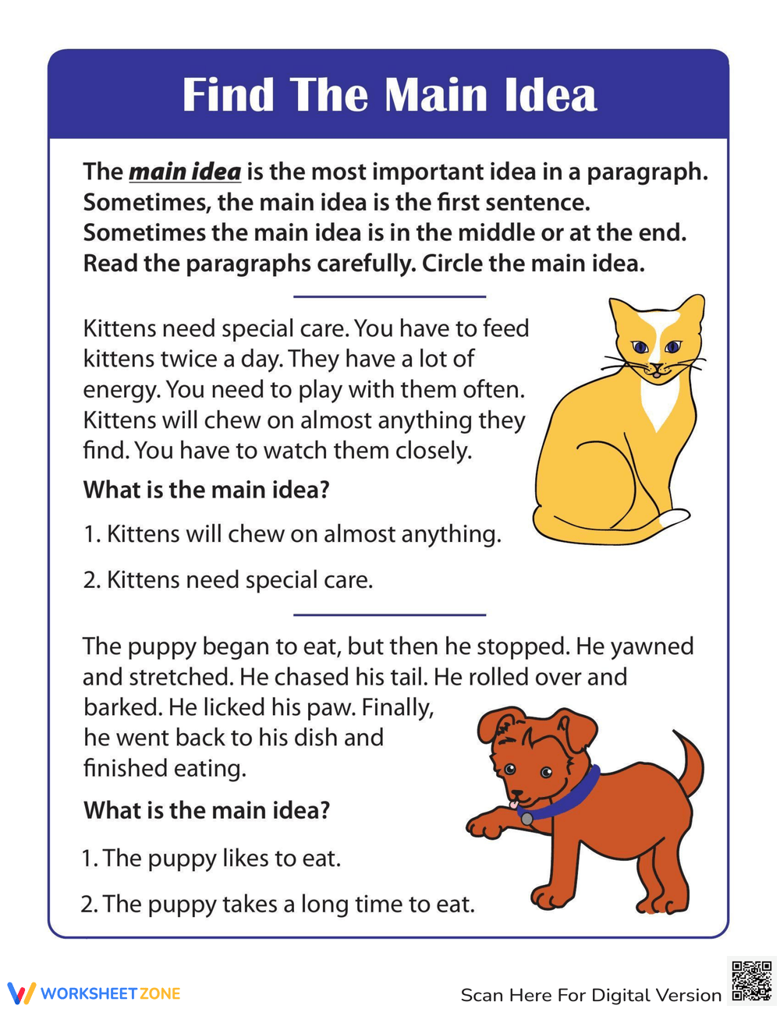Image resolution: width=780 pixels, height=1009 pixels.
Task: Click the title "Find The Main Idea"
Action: click(x=389, y=95)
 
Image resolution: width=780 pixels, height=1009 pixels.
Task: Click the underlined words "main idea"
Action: click(x=185, y=172)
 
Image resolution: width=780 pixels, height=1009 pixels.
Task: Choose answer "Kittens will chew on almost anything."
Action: click(x=303, y=534)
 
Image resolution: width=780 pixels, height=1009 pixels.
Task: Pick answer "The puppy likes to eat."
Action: click(x=222, y=859)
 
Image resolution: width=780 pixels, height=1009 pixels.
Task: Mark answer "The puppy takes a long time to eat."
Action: click(x=288, y=905)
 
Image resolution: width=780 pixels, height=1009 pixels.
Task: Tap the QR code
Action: click(x=750, y=980)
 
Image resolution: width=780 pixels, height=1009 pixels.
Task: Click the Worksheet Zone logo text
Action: click(x=110, y=993)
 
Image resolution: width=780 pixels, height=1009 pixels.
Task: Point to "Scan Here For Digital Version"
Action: click(x=590, y=995)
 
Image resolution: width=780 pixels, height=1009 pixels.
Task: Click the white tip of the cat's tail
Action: click(x=674, y=517)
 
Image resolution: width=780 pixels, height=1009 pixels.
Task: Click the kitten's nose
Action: click(x=656, y=366)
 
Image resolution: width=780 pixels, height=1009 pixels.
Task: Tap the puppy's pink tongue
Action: click(x=513, y=802)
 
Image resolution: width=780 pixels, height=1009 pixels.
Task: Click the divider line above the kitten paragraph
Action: click(x=389, y=296)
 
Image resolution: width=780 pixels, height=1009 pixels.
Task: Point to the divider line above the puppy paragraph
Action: click(x=389, y=614)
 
